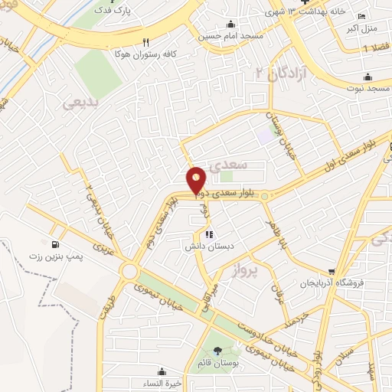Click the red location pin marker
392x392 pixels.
coord(197,179)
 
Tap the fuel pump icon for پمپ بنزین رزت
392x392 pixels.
coord(54,245)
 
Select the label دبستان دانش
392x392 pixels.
coord(208,247)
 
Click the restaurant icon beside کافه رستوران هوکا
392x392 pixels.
coord(145,43)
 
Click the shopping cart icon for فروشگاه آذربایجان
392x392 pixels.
coord(332,270)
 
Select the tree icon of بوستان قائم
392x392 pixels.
coord(217,351)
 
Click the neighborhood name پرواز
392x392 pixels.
coord(261,269)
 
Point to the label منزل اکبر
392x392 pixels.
coord(363,30)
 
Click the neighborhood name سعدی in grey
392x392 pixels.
coord(229,164)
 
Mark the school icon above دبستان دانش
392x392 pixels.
coord(208,235)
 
